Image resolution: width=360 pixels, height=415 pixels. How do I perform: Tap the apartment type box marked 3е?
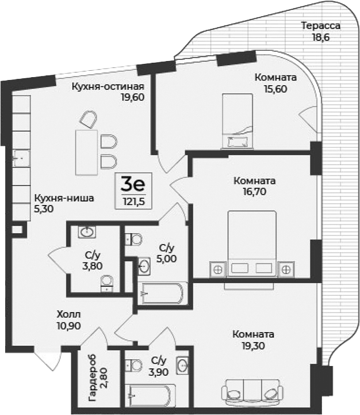[x=133, y=191]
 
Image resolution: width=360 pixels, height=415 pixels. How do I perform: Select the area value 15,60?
[x=276, y=89]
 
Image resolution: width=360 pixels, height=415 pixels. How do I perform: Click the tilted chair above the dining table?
[x=87, y=120]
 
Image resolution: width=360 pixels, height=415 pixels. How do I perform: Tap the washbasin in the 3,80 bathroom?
[x=87, y=233]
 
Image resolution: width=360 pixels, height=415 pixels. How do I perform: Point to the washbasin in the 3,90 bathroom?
[x=182, y=364]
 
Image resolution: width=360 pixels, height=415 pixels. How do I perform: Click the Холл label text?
[x=68, y=315]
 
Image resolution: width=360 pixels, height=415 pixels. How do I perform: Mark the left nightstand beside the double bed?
[x=218, y=268]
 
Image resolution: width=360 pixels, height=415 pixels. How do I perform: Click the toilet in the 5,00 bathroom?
[x=134, y=238]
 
